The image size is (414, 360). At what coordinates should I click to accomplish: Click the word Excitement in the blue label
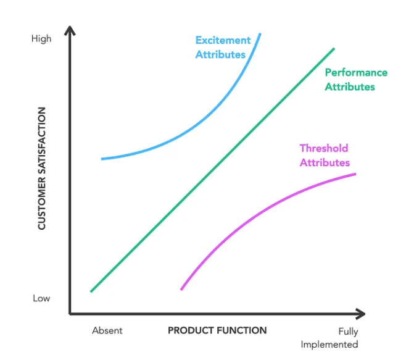[223, 41]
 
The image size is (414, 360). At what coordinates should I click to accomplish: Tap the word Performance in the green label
[356, 73]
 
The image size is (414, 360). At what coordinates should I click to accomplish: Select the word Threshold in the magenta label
[324, 148]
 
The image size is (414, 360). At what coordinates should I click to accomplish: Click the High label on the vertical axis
[41, 39]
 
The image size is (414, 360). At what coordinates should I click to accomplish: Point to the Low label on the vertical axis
[41, 298]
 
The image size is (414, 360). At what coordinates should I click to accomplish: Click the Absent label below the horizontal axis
[107, 330]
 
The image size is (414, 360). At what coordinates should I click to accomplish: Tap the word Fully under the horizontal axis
[348, 332]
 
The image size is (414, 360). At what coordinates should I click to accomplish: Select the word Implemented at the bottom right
[329, 345]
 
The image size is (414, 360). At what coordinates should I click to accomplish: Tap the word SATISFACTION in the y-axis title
[42, 141]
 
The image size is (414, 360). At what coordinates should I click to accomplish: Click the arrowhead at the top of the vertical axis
[70, 30]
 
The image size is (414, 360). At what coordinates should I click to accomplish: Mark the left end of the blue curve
[102, 159]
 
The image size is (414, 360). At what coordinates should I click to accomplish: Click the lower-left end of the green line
[91, 291]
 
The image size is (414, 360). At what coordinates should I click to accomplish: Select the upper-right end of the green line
[334, 48]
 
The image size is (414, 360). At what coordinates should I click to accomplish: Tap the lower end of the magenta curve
[181, 289]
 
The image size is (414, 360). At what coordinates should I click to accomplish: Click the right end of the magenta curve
[355, 174]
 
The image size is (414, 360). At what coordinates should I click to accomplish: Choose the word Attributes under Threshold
[325, 163]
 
